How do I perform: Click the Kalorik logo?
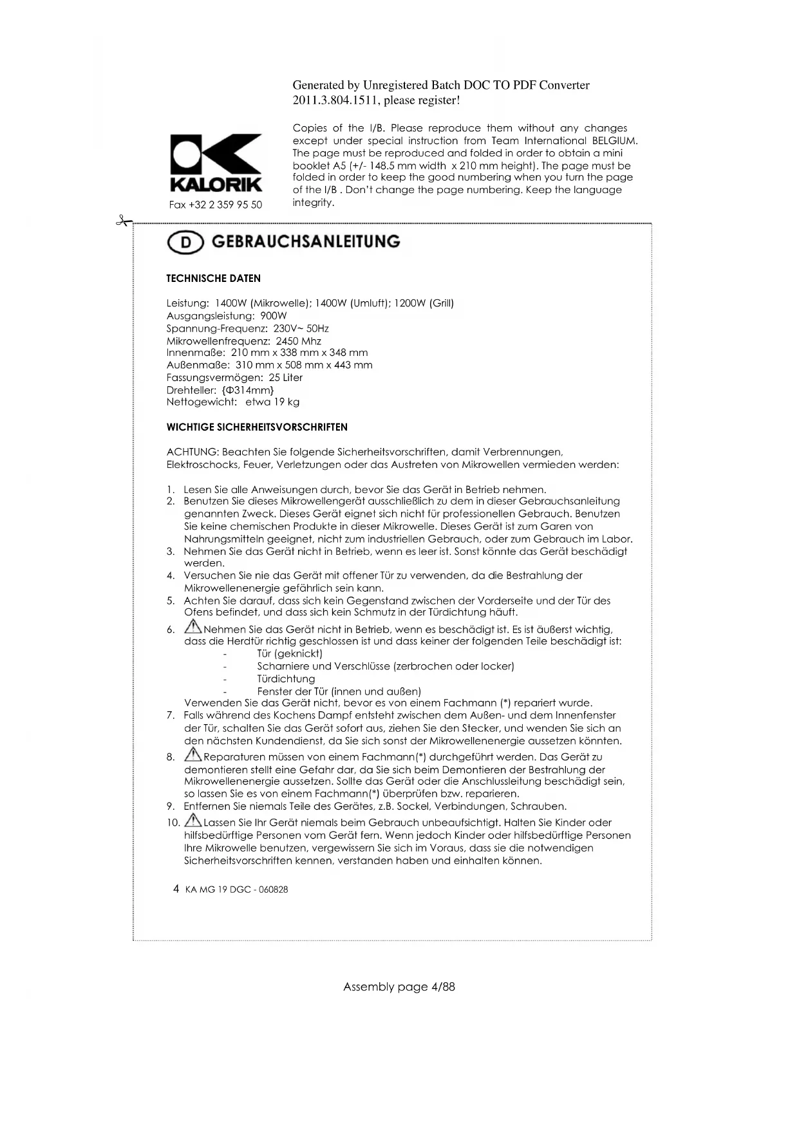point(216,162)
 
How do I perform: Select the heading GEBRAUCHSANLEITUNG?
point(305,241)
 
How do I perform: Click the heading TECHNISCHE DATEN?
point(213,278)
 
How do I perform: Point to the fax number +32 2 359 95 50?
point(216,205)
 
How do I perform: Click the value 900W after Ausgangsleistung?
point(274,315)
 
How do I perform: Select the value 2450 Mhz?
point(298,341)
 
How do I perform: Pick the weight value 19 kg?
point(286,402)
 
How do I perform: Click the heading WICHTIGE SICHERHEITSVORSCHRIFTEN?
point(257,427)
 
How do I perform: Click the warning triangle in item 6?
point(193,627)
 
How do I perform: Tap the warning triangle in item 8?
point(193,755)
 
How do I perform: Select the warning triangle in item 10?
point(193,821)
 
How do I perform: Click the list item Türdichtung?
point(286,678)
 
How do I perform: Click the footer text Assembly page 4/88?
point(399,986)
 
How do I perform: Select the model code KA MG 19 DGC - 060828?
point(236,890)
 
